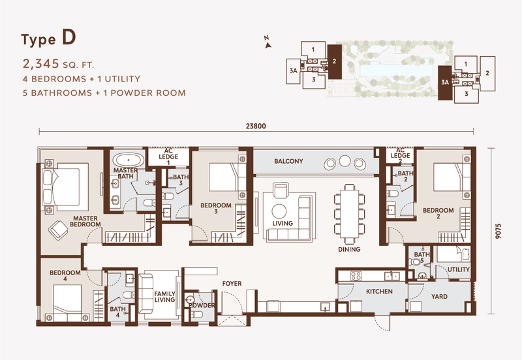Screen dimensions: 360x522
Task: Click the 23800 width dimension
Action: coord(256,127)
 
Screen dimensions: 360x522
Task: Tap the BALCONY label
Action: coord(288,161)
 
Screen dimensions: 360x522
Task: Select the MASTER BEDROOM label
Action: coord(86,221)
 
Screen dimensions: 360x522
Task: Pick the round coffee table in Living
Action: coord(279,210)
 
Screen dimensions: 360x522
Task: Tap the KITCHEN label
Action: coord(378,292)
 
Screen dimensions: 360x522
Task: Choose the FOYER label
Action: coord(233,284)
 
